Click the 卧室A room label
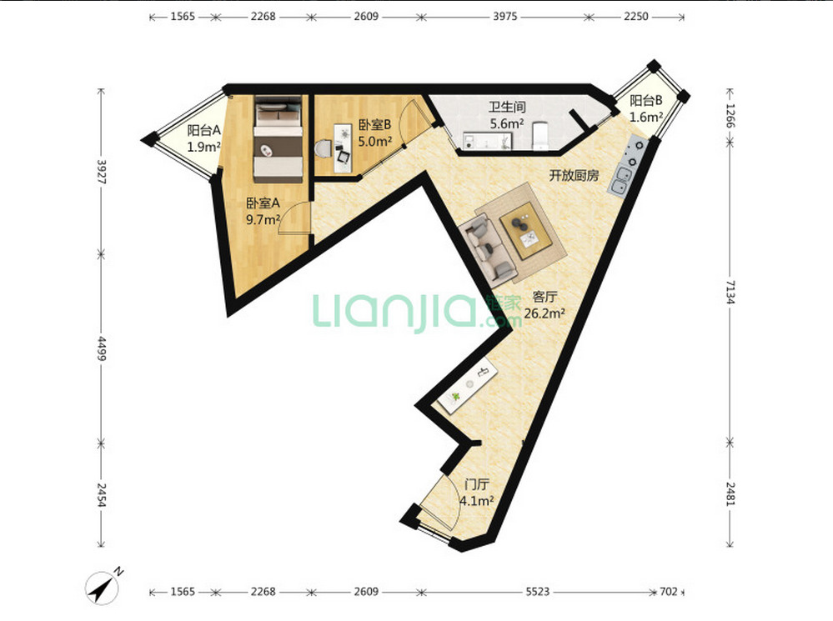tap(263, 203)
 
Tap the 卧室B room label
tap(374, 125)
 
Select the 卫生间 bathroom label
tap(507, 107)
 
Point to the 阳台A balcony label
tap(203, 130)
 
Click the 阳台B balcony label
tap(646, 100)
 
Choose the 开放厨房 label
tap(574, 175)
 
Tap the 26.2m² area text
tap(544, 313)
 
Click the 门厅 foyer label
tap(476, 484)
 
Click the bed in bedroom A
tap(278, 139)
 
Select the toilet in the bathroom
tap(539, 136)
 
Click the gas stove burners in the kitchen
tap(635, 152)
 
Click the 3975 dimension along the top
tap(504, 17)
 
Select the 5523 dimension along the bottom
tap(537, 591)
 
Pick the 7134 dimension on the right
tap(730, 293)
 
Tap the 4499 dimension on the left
tap(102, 348)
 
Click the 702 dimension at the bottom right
tap(669, 591)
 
